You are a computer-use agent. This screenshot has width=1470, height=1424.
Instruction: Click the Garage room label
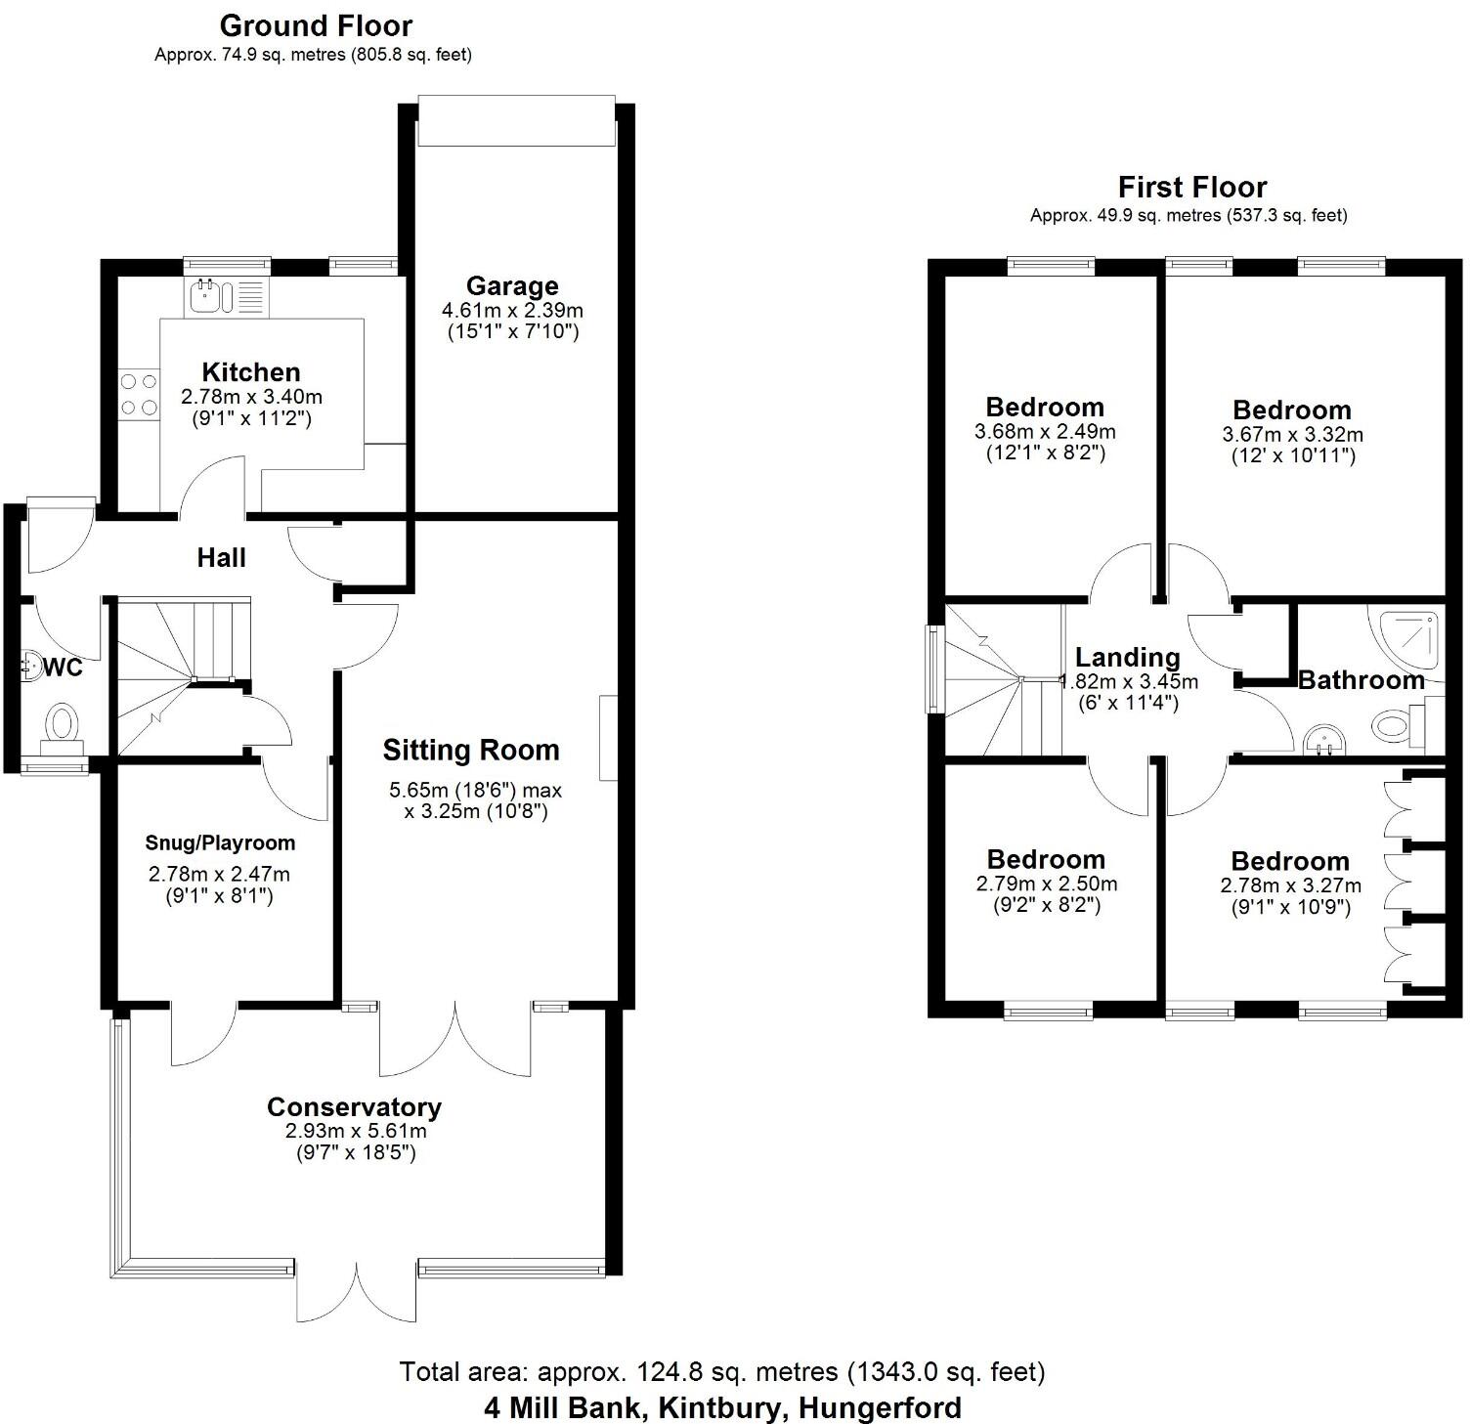(x=512, y=286)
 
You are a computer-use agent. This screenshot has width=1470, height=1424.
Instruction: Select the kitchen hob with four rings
(x=139, y=394)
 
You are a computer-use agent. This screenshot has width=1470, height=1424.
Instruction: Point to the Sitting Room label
(x=471, y=751)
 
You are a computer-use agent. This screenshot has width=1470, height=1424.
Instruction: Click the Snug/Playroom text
(x=220, y=842)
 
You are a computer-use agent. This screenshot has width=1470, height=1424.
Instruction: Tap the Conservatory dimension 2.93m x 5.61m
(x=356, y=1131)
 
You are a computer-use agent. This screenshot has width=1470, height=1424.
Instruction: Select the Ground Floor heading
(x=316, y=25)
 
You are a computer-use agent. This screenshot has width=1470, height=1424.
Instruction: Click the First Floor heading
(x=1191, y=187)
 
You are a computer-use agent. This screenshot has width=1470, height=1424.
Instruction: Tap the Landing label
(x=1127, y=658)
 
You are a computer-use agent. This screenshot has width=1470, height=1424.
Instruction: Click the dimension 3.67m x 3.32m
(x=1292, y=434)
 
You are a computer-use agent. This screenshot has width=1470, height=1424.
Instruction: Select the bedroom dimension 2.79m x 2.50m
(x=1046, y=884)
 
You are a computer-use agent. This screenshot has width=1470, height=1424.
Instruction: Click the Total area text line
(x=721, y=1371)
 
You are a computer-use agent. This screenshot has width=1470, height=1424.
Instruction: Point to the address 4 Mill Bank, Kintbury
(x=721, y=1408)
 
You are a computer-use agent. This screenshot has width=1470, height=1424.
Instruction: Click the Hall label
(x=221, y=558)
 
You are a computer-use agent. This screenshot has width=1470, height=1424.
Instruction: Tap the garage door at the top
(x=516, y=120)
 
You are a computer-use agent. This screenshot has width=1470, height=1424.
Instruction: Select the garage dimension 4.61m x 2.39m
(x=512, y=311)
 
